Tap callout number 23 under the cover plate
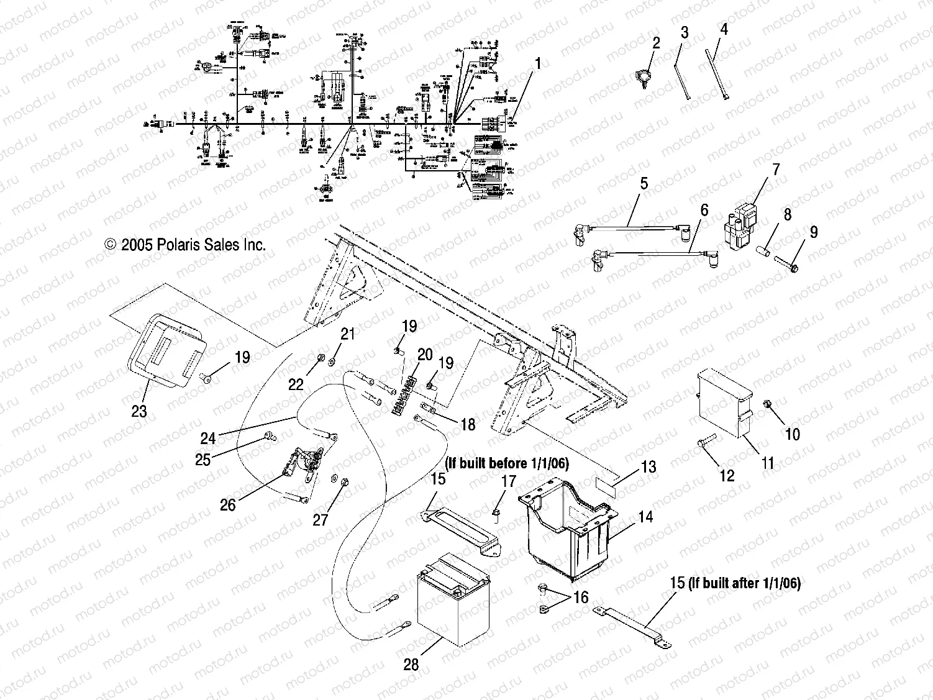(140, 411)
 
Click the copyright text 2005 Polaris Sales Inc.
(186, 245)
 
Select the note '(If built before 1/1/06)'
(506, 463)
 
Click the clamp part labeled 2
(644, 79)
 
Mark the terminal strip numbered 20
(402, 394)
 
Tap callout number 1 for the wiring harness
(538, 63)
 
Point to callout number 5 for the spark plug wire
(644, 183)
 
